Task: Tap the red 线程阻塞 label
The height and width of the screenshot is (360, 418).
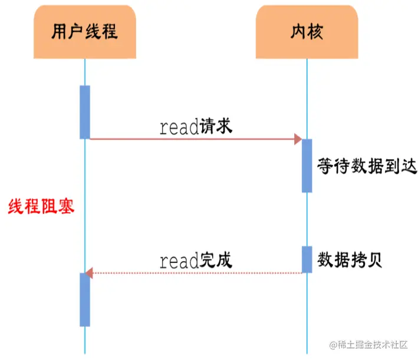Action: pyautogui.click(x=41, y=207)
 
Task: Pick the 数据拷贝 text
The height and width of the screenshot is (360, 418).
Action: pyautogui.click(x=350, y=259)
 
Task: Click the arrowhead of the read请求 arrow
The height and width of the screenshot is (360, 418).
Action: pyautogui.click(x=298, y=139)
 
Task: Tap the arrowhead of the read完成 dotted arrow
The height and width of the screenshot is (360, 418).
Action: pyautogui.click(x=89, y=273)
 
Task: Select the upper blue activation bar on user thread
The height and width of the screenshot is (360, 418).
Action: pyautogui.click(x=85, y=112)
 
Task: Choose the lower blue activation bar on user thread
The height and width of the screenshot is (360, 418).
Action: pyautogui.click(x=85, y=299)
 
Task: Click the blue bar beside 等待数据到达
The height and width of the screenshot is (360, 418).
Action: pyautogui.click(x=307, y=166)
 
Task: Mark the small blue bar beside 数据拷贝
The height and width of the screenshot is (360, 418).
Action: pyautogui.click(x=307, y=259)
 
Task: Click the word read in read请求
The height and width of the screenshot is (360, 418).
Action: pyautogui.click(x=179, y=128)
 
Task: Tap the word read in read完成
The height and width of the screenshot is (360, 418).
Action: pyautogui.click(x=179, y=261)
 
